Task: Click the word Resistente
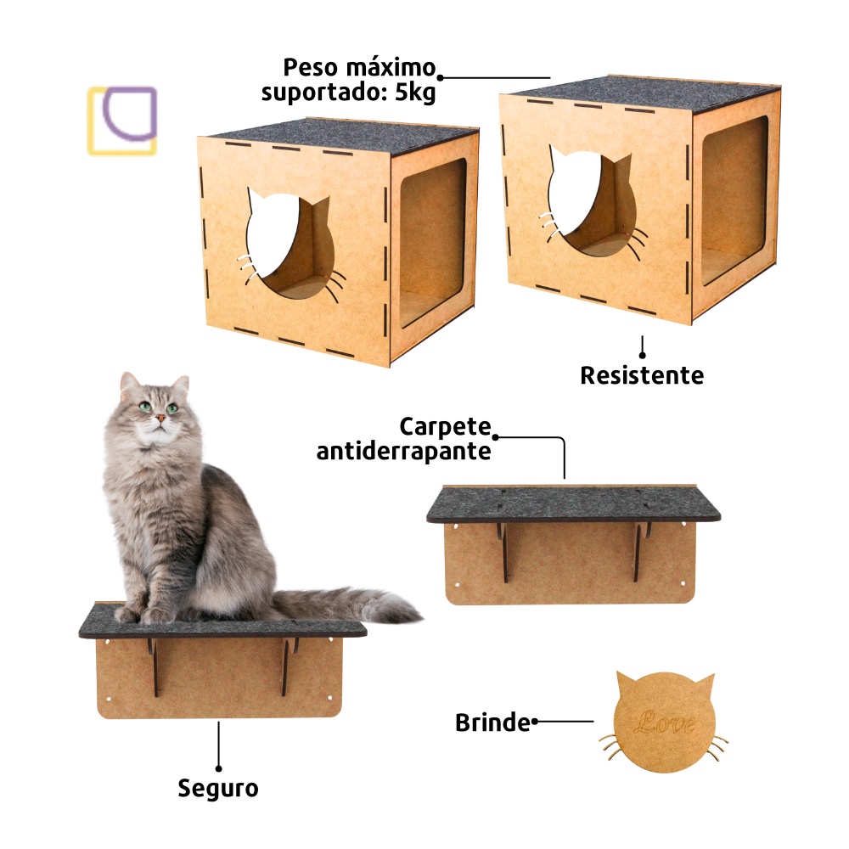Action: point(642,375)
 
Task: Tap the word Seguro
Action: point(217,789)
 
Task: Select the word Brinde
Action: point(492,722)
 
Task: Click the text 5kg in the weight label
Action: point(415,93)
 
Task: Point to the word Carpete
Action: point(445,427)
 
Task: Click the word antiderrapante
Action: point(403,451)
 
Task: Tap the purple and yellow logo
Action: point(121,121)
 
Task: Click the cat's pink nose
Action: point(160,418)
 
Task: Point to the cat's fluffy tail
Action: point(346,604)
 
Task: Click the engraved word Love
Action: point(665,722)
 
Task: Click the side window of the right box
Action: point(734,200)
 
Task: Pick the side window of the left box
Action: point(432,244)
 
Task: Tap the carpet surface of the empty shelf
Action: point(573,503)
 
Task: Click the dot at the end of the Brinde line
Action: point(534,721)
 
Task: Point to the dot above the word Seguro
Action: point(218,768)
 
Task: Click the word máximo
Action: point(391,68)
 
